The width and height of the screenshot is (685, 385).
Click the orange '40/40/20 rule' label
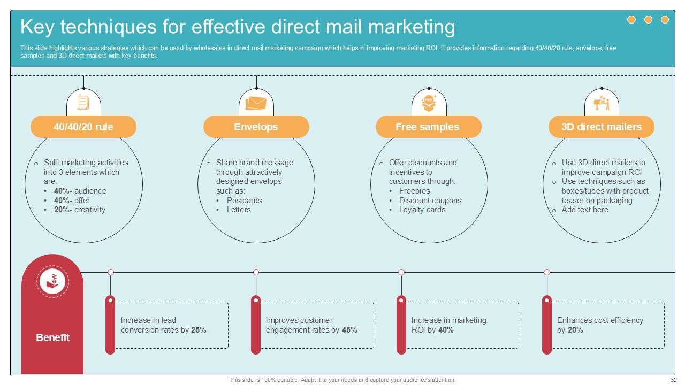pyautogui.click(x=83, y=127)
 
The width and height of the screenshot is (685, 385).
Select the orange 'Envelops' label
pyautogui.click(x=256, y=127)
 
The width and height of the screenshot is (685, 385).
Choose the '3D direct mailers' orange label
pyautogui.click(x=601, y=127)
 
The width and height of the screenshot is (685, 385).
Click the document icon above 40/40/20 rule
pyautogui.click(x=83, y=102)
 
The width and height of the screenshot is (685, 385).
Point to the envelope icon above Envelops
pyautogui.click(x=256, y=103)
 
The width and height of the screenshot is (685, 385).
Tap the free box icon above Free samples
pyautogui.click(x=428, y=102)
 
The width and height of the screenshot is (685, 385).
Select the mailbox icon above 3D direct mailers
pyautogui.click(x=602, y=103)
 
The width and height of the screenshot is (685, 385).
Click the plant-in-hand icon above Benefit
pyautogui.click(x=52, y=281)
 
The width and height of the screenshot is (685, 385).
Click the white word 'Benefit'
pyautogui.click(x=52, y=337)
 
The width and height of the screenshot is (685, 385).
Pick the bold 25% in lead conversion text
pyautogui.click(x=199, y=330)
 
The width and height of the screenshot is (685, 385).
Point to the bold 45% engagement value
pyautogui.click(x=349, y=330)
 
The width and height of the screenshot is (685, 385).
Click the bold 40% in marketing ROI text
pyautogui.click(x=446, y=330)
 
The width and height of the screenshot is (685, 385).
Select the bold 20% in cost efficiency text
pyautogui.click(x=575, y=330)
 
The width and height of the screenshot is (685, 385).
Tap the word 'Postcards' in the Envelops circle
pyautogui.click(x=244, y=201)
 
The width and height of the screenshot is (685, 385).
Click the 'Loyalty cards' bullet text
pyautogui.click(x=422, y=210)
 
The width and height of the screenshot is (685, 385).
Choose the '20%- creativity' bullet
pyautogui.click(x=80, y=210)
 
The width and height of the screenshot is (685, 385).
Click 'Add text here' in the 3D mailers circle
pyautogui.click(x=585, y=210)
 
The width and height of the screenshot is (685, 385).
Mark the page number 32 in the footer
pyautogui.click(x=674, y=380)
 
